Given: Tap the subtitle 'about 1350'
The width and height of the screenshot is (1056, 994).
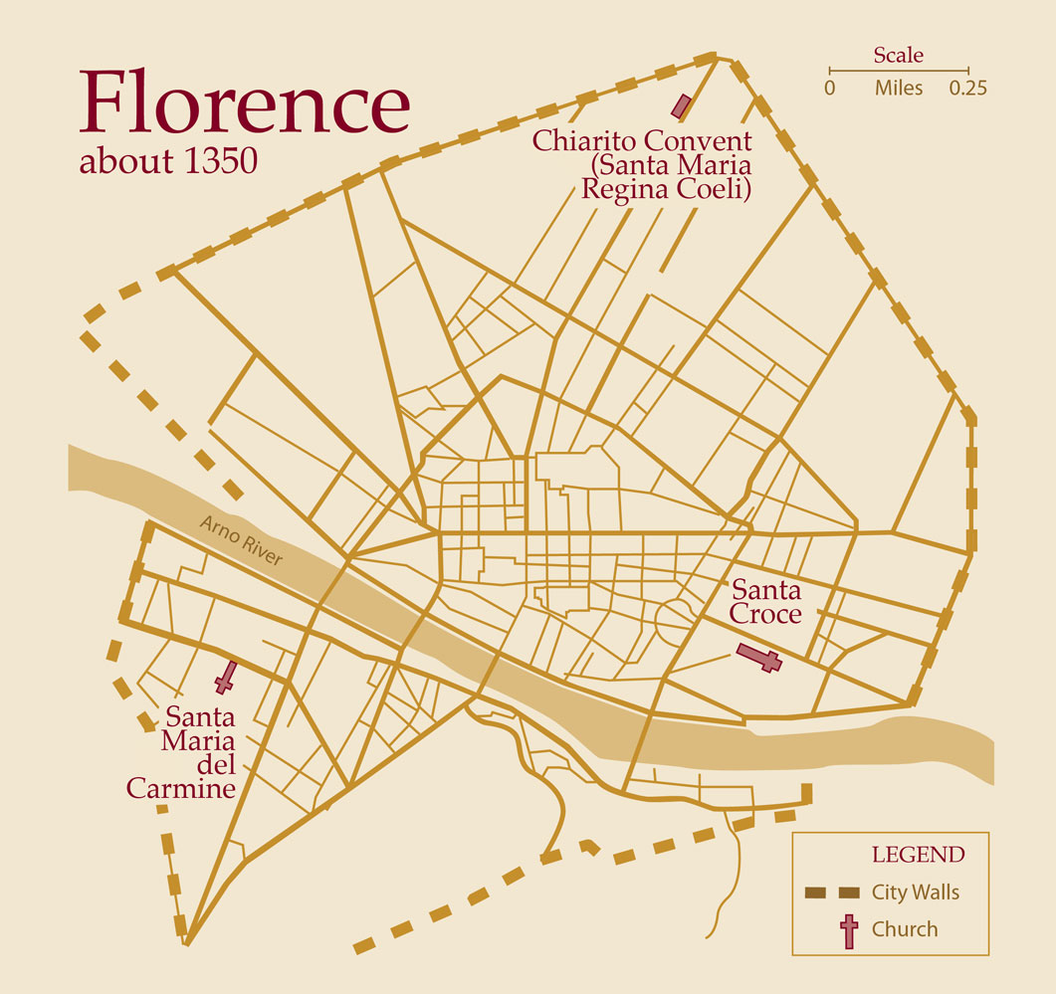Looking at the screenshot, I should tap(168, 161).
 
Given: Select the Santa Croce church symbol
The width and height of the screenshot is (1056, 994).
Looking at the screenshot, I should tap(759, 658).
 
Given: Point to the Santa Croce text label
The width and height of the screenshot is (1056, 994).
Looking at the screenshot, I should tap(765, 602).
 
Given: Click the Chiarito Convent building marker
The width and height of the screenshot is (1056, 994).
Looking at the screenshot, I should tap(682, 105).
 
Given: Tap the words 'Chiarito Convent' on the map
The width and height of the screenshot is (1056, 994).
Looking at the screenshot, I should tap(642, 140).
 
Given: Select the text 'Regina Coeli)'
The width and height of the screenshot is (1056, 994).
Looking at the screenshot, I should tap(665, 189).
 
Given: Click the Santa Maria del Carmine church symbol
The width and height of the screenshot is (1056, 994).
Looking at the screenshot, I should tap(225, 678).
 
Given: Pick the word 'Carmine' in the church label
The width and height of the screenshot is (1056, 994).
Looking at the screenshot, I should tap(180, 789).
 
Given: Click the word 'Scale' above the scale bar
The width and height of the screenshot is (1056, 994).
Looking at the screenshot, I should tap(898, 56).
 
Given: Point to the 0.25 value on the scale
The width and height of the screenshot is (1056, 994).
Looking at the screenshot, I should tap(966, 88).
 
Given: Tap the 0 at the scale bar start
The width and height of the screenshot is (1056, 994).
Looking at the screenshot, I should tap(829, 88).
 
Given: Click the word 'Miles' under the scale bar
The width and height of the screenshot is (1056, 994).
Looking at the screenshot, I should tap(898, 88).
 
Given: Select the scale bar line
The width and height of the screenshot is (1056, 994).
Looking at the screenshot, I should tap(898, 71).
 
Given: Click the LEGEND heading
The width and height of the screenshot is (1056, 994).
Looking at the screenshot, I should tap(918, 855).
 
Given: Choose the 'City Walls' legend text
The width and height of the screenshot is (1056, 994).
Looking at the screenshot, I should tap(915, 892).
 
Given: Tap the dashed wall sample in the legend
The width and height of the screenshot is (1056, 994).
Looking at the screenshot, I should tap(831, 893).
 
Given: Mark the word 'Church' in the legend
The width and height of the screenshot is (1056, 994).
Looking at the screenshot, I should tap(905, 930).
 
